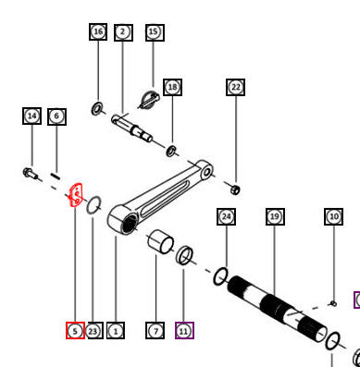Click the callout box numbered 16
(98, 31)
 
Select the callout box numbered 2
(123, 32)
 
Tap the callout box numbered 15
(155, 32)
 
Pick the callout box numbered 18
(173, 87)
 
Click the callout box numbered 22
(236, 87)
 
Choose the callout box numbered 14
(31, 116)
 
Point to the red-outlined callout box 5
(75, 331)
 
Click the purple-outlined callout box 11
(184, 331)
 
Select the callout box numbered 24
(227, 216)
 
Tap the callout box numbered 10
(333, 216)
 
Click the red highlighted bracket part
(76, 195)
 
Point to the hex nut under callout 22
(235, 190)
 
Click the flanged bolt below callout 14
(31, 174)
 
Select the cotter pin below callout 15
(149, 100)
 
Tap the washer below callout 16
(97, 109)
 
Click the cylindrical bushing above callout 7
(160, 241)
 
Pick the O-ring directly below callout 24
(221, 276)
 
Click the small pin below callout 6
(55, 176)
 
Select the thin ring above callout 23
(93, 205)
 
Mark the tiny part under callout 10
(333, 304)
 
